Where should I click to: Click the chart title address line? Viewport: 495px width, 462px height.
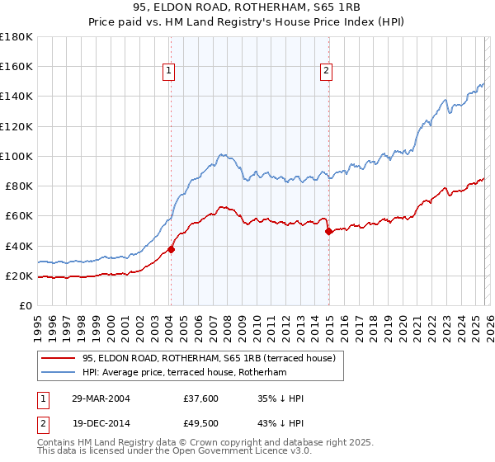coord(247,7)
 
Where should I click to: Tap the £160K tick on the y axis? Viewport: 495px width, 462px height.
coord(16,66)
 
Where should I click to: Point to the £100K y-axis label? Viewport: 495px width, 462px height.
coord(16,156)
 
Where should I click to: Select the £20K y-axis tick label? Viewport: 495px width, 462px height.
coord(19,276)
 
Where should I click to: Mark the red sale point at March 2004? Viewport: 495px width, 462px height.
coord(172,249)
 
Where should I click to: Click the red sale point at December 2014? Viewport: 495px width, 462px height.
coord(328,231)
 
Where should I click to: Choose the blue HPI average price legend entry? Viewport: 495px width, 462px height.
coord(183,373)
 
